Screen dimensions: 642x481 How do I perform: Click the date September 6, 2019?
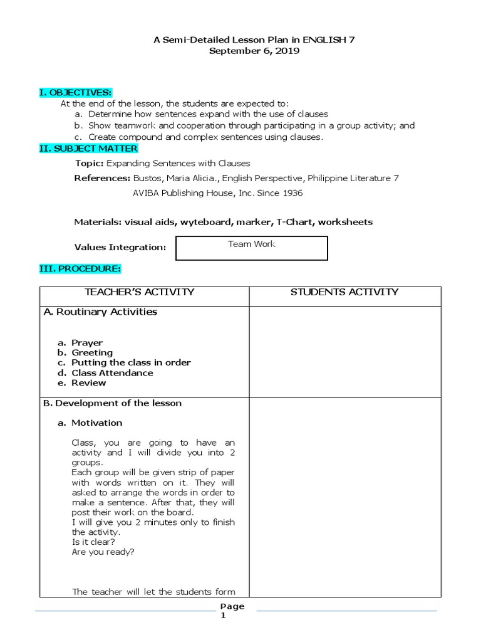pyautogui.click(x=254, y=51)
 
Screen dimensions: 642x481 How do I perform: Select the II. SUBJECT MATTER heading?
pyautogui.click(x=88, y=148)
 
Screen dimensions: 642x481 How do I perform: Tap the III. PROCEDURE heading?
pyautogui.click(x=80, y=268)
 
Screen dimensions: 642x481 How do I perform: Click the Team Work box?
pyautogui.click(x=252, y=247)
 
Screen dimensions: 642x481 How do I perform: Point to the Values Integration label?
pyautogui.click(x=120, y=248)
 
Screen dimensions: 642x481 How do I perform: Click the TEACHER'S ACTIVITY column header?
pyautogui.click(x=144, y=292)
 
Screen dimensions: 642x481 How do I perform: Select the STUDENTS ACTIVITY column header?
pyautogui.click(x=344, y=292)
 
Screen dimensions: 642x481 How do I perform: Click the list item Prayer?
pyautogui.click(x=87, y=342)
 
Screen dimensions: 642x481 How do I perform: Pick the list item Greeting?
pyautogui.click(x=92, y=352)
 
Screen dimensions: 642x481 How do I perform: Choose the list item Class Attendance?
pyautogui.click(x=112, y=372)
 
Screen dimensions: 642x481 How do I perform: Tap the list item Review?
pyautogui.click(x=88, y=382)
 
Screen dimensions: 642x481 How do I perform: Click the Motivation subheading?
pyautogui.click(x=96, y=423)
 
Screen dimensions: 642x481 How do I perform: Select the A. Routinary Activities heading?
pyautogui.click(x=100, y=312)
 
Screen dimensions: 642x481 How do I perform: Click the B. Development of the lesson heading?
pyautogui.click(x=113, y=403)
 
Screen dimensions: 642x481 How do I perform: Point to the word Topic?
pyautogui.click(x=89, y=163)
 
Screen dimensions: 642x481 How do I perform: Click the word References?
pyautogui.click(x=101, y=178)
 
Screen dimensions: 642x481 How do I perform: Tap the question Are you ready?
pyautogui.click(x=103, y=552)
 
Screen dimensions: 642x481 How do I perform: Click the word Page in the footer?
pyautogui.click(x=232, y=606)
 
